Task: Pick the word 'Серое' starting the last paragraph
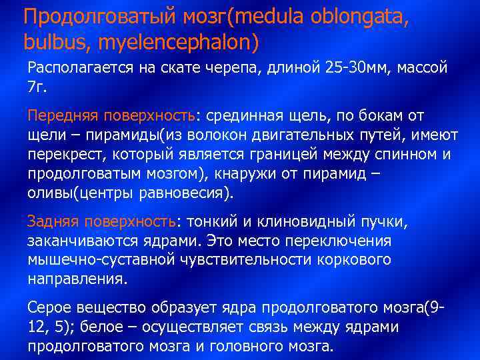(x=47, y=308)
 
